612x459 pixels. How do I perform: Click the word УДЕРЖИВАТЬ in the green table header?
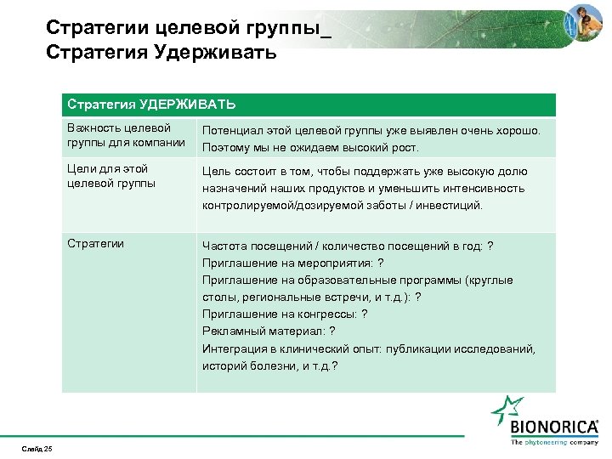185,105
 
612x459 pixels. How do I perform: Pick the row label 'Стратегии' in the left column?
96,244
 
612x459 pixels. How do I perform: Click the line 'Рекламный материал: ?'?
268,331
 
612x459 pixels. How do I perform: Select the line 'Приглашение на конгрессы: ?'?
285,314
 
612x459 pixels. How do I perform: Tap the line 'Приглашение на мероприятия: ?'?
292,263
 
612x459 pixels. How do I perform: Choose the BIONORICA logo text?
553,427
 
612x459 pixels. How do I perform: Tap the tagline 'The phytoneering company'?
553,442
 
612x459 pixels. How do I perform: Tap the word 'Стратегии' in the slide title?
98,28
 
